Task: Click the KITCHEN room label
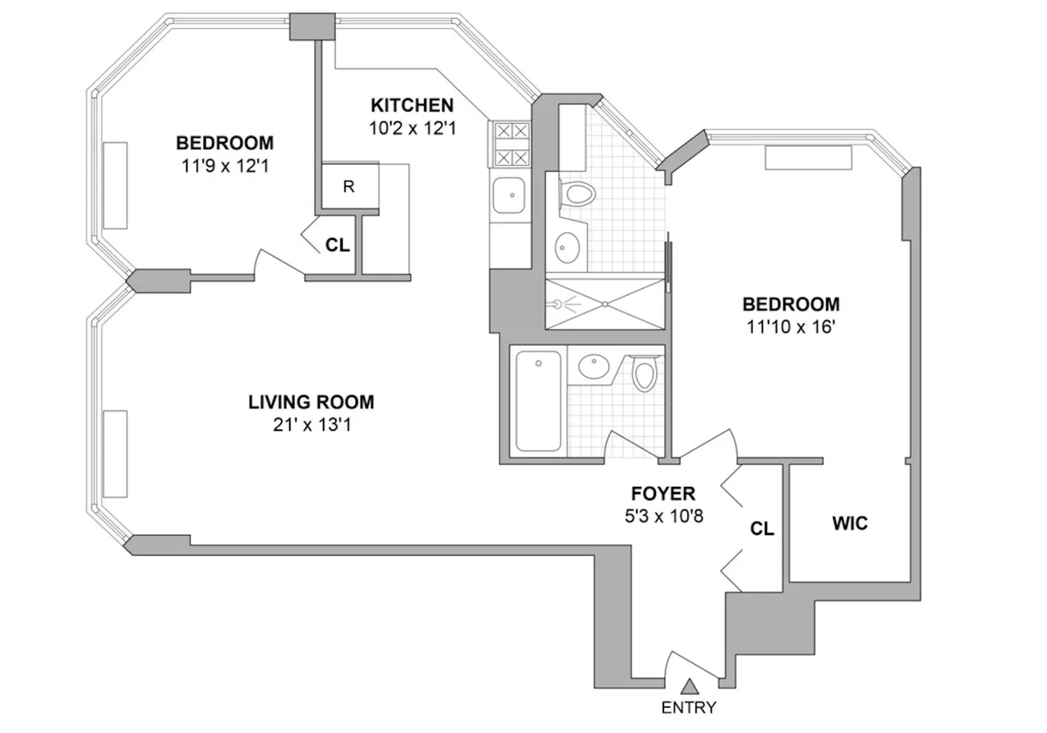pyautogui.click(x=412, y=106)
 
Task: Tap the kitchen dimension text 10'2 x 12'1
pyautogui.click(x=412, y=127)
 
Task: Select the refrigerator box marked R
pyautogui.click(x=347, y=186)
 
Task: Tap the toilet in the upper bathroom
pyautogui.click(x=577, y=194)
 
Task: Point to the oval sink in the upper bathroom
pyautogui.click(x=567, y=247)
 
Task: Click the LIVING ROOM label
pyautogui.click(x=311, y=402)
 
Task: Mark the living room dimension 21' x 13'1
pyautogui.click(x=311, y=425)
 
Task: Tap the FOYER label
pyautogui.click(x=659, y=494)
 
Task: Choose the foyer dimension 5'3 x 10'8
pyautogui.click(x=659, y=515)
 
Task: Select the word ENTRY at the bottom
pyautogui.click(x=689, y=707)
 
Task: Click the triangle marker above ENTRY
pyautogui.click(x=689, y=687)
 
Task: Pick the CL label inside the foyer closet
pyautogui.click(x=762, y=529)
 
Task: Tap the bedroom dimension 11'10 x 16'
pyautogui.click(x=790, y=327)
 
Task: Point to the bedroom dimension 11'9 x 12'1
pyautogui.click(x=224, y=164)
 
